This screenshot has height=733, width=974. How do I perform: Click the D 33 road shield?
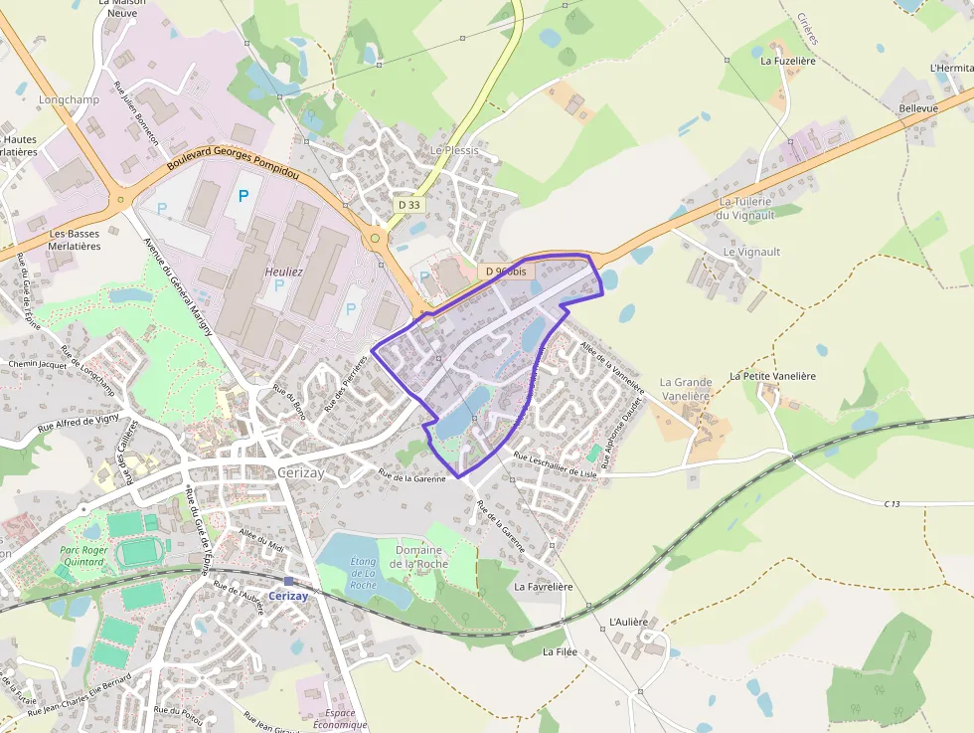point(407,204)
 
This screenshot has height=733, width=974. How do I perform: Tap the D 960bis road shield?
point(507,271)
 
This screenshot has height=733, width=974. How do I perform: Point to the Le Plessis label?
point(454,151)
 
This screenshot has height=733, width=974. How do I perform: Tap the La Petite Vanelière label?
point(772,376)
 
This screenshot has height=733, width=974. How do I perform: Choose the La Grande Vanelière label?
point(685,389)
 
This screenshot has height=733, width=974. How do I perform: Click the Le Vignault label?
point(751,253)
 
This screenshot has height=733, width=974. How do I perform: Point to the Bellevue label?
point(917,107)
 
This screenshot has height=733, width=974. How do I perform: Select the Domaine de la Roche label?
point(419,557)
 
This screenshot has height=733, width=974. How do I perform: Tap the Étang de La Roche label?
point(364,574)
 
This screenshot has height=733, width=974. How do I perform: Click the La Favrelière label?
point(544,587)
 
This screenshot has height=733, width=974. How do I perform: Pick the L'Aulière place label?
point(627,622)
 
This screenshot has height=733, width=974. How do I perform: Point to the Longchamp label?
point(63,100)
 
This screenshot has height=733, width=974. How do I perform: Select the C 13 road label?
point(892,505)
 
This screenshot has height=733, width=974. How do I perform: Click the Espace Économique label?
point(340,719)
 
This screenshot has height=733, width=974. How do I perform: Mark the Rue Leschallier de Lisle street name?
point(555,464)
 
